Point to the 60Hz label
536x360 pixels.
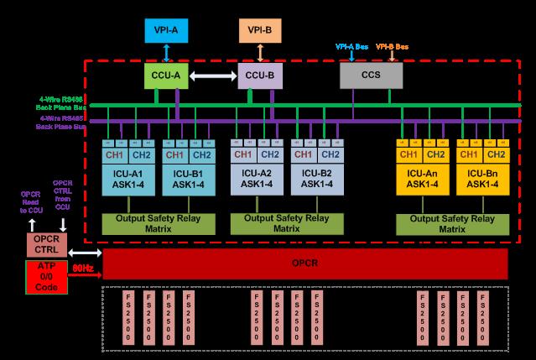point(82,268)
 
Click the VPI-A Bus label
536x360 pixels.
point(351,47)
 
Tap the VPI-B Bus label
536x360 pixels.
point(393,47)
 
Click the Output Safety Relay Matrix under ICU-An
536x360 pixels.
point(452,223)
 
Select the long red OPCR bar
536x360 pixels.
point(305,263)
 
